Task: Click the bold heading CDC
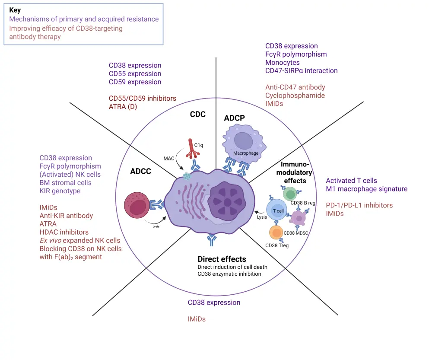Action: [197, 115]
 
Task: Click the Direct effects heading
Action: [222, 259]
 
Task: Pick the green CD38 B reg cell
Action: [290, 194]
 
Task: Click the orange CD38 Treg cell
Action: [276, 233]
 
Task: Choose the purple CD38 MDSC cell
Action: [298, 217]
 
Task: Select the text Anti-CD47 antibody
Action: [295, 87]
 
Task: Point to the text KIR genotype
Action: [60, 191]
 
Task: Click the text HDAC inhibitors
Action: [64, 232]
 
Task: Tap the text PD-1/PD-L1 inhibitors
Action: [359, 205]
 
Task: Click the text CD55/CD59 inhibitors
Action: [143, 99]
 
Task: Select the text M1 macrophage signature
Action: [366, 189]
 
